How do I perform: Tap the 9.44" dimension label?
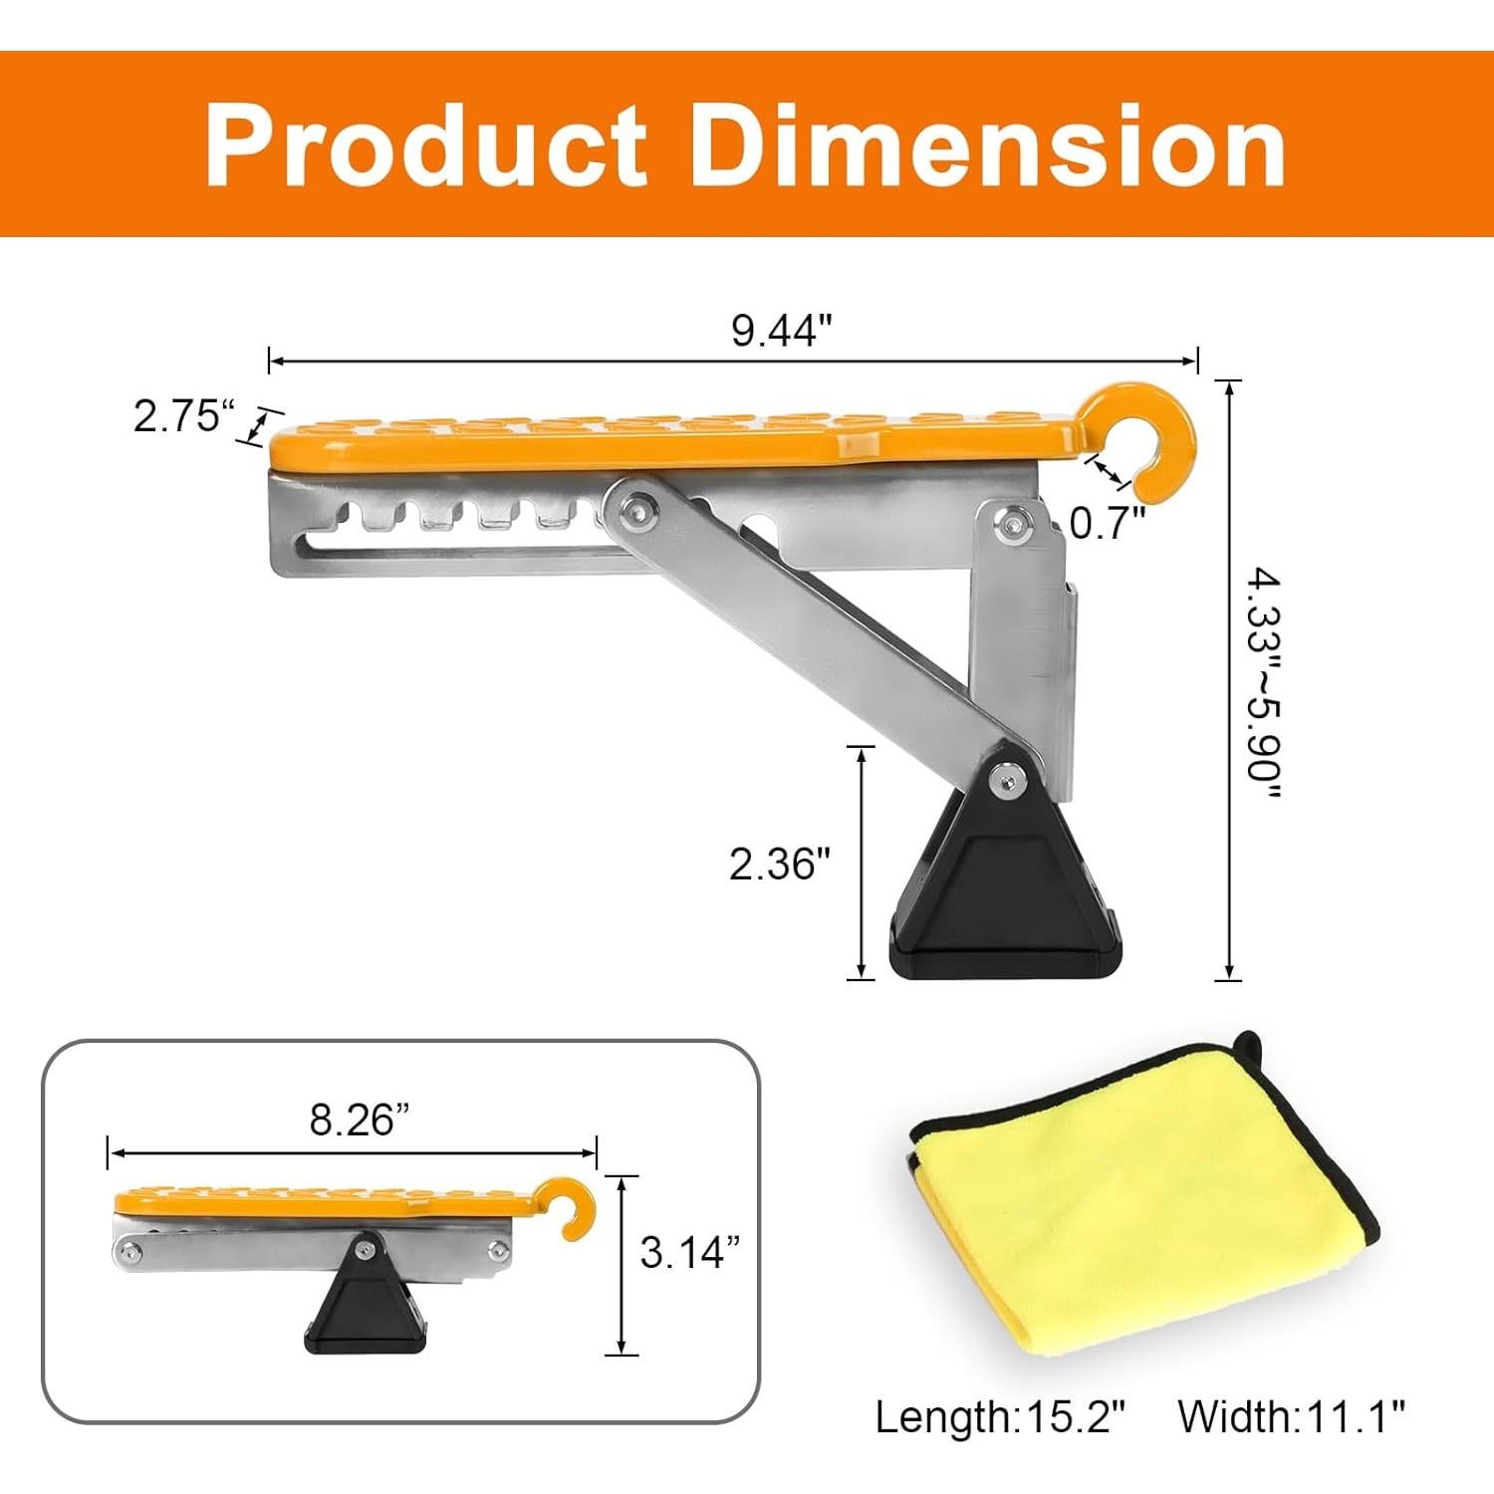(x=781, y=331)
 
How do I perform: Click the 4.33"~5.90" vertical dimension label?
(x=1260, y=683)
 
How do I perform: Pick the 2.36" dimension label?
(x=779, y=864)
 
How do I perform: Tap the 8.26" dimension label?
(x=360, y=1120)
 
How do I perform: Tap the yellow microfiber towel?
(x=1135, y=1205)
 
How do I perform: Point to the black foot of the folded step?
(x=366, y=1305)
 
